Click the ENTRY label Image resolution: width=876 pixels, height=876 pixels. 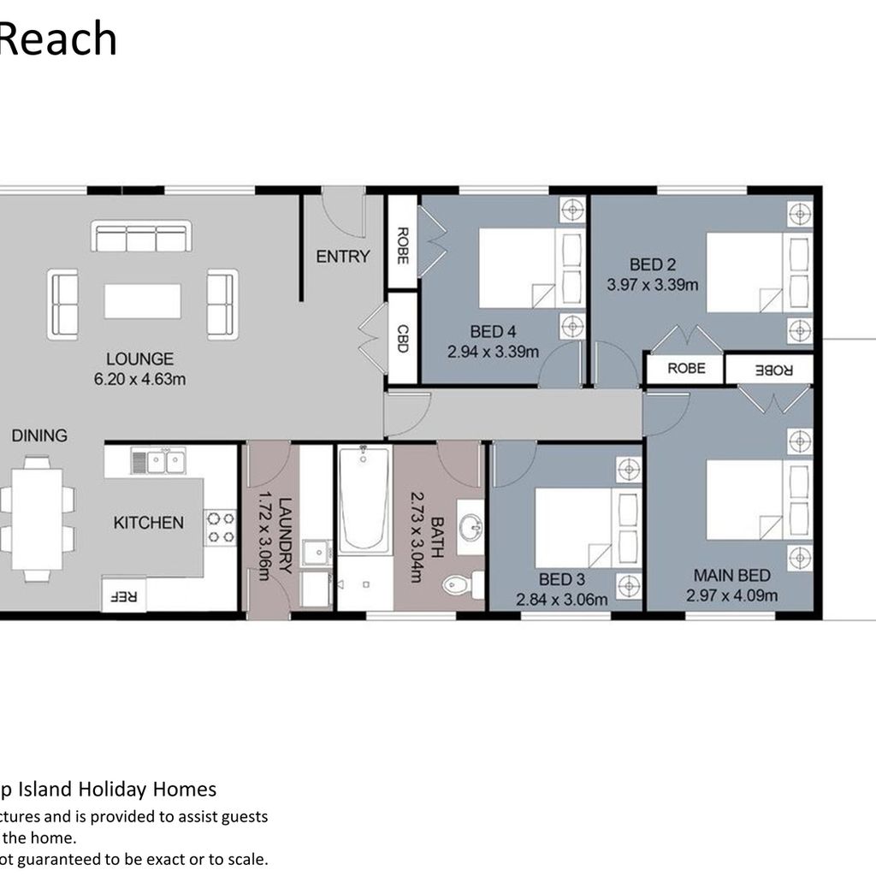[x=343, y=257]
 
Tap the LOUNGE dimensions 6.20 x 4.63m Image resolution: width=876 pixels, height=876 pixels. [x=139, y=379]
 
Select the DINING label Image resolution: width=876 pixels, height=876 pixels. [x=39, y=435]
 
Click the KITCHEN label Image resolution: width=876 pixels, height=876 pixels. [x=149, y=523]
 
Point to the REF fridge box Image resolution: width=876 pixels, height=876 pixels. [x=123, y=594]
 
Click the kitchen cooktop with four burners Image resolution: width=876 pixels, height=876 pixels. [x=221, y=528]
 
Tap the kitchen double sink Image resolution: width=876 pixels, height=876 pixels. [x=158, y=461]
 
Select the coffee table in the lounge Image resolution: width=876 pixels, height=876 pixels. [x=143, y=302]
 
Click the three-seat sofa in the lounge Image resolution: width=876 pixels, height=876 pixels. [x=141, y=236]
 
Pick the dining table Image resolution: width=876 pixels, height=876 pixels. [x=37, y=519]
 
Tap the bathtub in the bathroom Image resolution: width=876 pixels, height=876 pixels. [x=364, y=500]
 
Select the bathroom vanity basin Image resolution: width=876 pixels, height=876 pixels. [x=471, y=527]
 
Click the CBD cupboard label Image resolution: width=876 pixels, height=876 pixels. [x=402, y=339]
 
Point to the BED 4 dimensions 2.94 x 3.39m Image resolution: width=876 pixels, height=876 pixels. [x=494, y=352]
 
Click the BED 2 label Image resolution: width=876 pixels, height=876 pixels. [x=653, y=264]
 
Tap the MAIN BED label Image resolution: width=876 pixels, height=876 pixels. [x=732, y=575]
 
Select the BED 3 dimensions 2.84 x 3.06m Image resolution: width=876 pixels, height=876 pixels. [x=561, y=600]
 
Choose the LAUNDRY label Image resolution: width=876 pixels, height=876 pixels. [x=284, y=536]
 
